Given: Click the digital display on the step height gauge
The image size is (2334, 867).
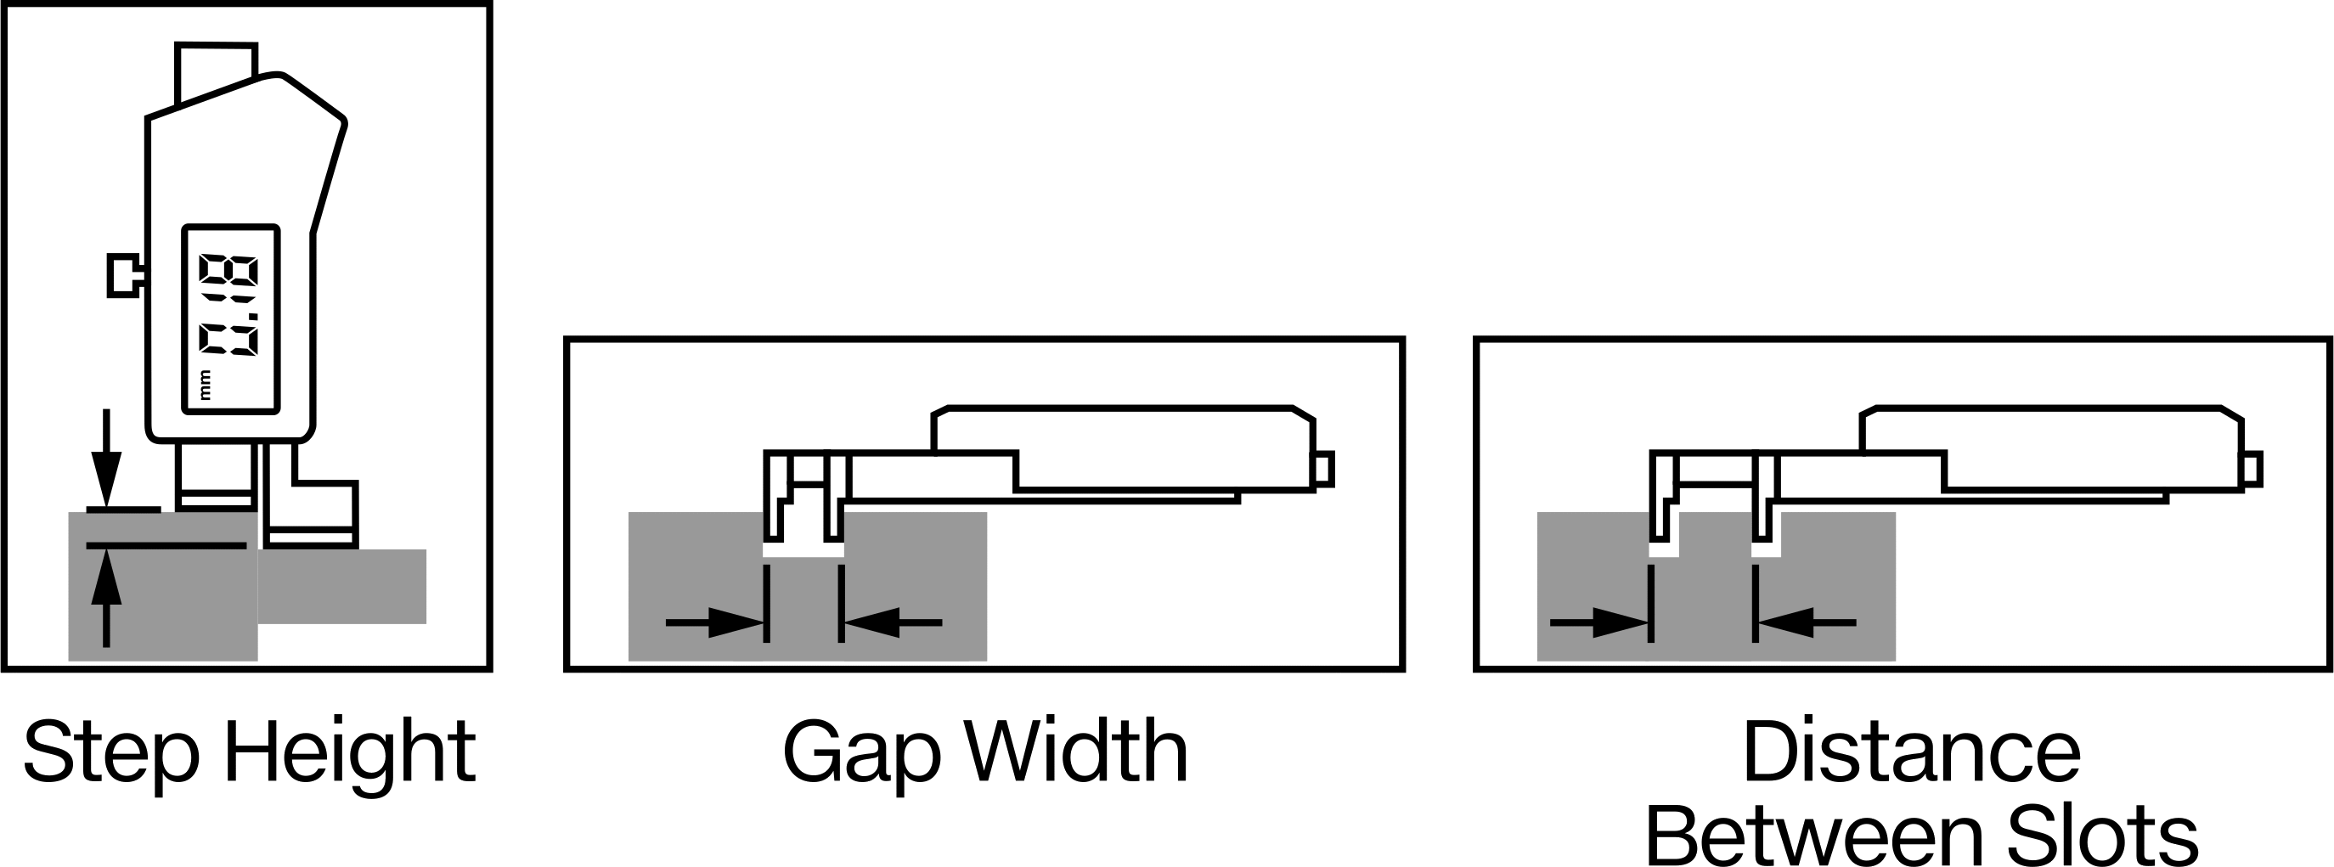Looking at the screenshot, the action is (231, 319).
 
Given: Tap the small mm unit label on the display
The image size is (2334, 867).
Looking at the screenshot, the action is (205, 385).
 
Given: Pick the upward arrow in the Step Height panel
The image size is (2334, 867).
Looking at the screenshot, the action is (106, 598).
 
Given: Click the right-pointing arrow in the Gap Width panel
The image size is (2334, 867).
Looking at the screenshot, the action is (716, 622).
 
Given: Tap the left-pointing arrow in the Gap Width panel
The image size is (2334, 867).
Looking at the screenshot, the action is (893, 622).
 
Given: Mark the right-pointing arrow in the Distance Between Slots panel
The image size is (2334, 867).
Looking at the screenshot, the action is (1600, 622).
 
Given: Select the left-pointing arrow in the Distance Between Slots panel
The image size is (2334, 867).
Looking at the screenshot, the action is (1806, 622).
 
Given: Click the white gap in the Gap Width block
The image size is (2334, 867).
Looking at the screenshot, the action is (803, 550).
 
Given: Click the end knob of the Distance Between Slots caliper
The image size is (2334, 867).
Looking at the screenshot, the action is (2252, 469).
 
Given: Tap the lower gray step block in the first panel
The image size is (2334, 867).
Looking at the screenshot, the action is (342, 586).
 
